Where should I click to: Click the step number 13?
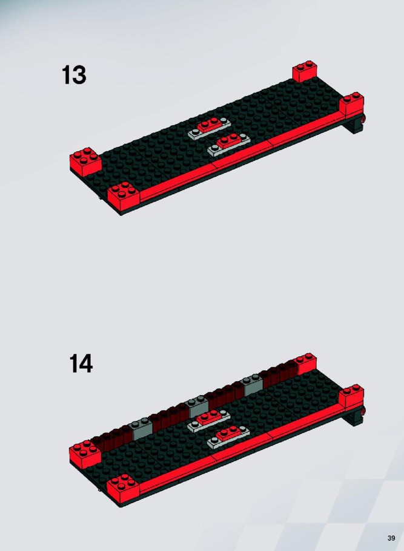pos(74,75)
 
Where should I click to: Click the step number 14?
pos(81,364)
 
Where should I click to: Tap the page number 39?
pos(391,538)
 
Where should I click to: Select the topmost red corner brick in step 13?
pos(305,71)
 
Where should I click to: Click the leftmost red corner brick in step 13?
pos(85,161)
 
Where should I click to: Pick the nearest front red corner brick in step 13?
pos(123,195)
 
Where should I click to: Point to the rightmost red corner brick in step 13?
pos(352,105)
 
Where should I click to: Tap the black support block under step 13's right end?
pos(355,125)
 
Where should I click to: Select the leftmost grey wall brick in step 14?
pos(142,428)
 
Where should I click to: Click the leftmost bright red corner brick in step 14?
pos(85,454)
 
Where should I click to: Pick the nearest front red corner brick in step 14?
pos(123,488)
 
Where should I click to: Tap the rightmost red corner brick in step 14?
pos(352,397)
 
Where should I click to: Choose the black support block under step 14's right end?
pos(355,417)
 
